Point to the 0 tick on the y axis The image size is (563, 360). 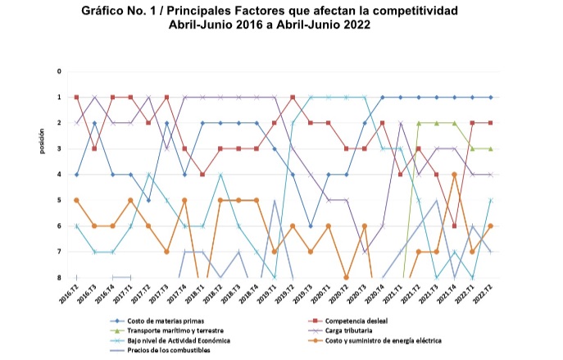point(59,71)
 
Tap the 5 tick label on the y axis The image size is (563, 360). point(59,200)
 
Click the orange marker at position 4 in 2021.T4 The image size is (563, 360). point(454,175)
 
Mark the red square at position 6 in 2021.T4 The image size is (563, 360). point(454,226)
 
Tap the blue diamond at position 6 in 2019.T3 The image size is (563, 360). point(311,226)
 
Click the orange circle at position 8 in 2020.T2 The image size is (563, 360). point(347,277)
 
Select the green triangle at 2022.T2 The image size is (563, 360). point(490,148)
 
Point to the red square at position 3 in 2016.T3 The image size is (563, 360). point(94,148)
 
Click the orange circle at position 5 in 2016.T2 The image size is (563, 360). point(76,200)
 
